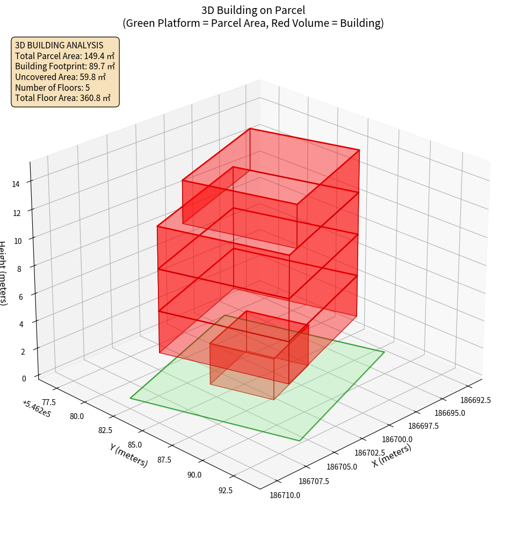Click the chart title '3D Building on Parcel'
253,10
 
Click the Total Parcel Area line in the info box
64,56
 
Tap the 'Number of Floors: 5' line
52,88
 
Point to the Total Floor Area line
63,98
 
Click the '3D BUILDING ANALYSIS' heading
59,45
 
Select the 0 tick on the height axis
24,378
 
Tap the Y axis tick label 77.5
48,402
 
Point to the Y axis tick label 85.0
134,445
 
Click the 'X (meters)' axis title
392,456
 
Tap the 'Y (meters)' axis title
128,455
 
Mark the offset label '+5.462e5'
35,409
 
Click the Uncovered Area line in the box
60,77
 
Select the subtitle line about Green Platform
253,23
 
